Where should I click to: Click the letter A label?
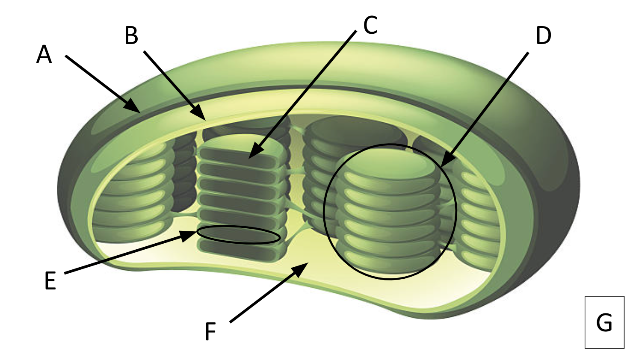[x=44, y=55]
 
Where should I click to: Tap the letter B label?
[x=131, y=36]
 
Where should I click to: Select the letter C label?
[x=370, y=25]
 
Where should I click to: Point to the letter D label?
[x=543, y=36]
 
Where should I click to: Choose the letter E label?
[x=50, y=281]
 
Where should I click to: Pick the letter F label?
[x=210, y=331]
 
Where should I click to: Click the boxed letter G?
[x=604, y=322]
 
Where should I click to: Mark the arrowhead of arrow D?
[x=443, y=164]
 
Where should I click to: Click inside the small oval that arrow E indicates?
[x=239, y=235]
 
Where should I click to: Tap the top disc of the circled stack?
[x=387, y=165]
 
